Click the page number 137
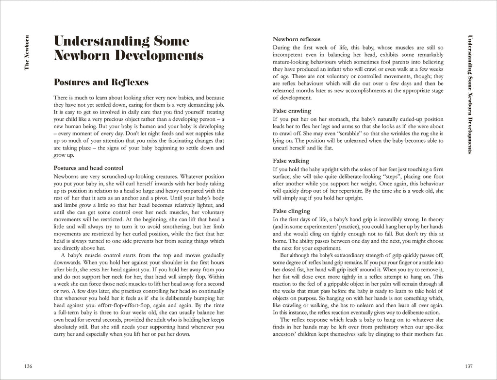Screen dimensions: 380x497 (x=468, y=365)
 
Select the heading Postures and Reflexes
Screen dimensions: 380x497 (x=101, y=82)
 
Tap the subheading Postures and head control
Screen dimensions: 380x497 (x=88, y=168)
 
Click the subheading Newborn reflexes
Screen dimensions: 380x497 (x=297, y=39)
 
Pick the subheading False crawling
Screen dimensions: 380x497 (x=292, y=111)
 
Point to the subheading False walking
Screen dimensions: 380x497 (x=291, y=161)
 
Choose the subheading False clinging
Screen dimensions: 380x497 (x=291, y=211)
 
